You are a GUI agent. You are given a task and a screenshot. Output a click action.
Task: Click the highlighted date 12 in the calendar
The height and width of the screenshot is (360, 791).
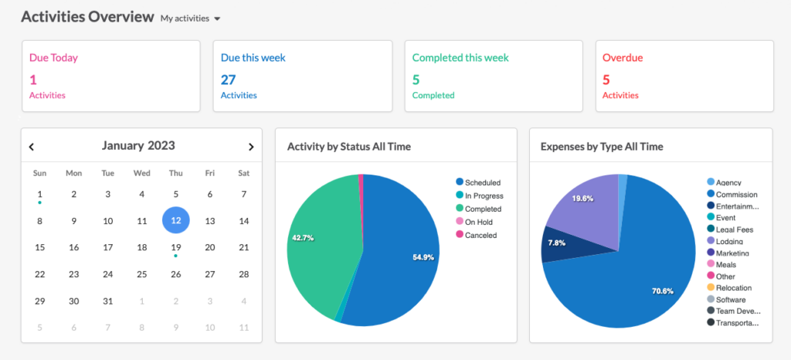tap(175, 221)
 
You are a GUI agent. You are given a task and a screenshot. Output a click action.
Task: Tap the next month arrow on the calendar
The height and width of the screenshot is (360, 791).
tap(251, 147)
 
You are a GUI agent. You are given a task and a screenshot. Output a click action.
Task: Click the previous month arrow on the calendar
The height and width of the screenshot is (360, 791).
tap(31, 147)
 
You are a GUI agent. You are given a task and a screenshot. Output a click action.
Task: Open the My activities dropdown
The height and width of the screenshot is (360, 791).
tap(191, 19)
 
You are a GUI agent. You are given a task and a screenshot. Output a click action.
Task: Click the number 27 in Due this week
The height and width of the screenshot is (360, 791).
tap(229, 80)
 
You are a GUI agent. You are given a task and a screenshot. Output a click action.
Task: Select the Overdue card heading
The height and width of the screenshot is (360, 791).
tap(623, 57)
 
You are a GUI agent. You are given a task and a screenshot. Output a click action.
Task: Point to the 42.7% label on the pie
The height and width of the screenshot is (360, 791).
tap(303, 237)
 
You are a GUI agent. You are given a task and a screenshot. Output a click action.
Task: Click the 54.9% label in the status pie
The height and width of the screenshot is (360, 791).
tap(423, 257)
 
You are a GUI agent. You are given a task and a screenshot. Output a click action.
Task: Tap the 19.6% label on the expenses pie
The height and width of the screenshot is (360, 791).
tap(582, 199)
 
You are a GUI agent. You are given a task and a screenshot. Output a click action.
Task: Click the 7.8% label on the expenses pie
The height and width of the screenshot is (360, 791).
tap(556, 243)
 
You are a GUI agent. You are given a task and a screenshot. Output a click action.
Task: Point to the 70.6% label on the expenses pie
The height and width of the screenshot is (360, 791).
tap(663, 291)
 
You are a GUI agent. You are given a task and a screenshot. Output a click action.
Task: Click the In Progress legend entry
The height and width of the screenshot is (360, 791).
tap(479, 195)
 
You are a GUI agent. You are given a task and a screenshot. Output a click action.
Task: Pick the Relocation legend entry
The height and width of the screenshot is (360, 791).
tap(729, 288)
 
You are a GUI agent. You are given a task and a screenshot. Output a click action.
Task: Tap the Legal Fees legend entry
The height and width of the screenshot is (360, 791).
tap(730, 229)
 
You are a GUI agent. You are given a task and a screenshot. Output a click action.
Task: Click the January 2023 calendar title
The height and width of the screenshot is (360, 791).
tap(138, 146)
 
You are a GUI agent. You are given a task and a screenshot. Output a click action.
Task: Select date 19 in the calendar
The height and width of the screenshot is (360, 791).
tap(175, 247)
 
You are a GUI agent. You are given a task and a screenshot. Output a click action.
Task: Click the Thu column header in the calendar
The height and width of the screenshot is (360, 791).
tap(175, 174)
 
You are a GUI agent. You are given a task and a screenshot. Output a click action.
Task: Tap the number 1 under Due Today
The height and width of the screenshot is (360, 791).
tap(33, 80)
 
